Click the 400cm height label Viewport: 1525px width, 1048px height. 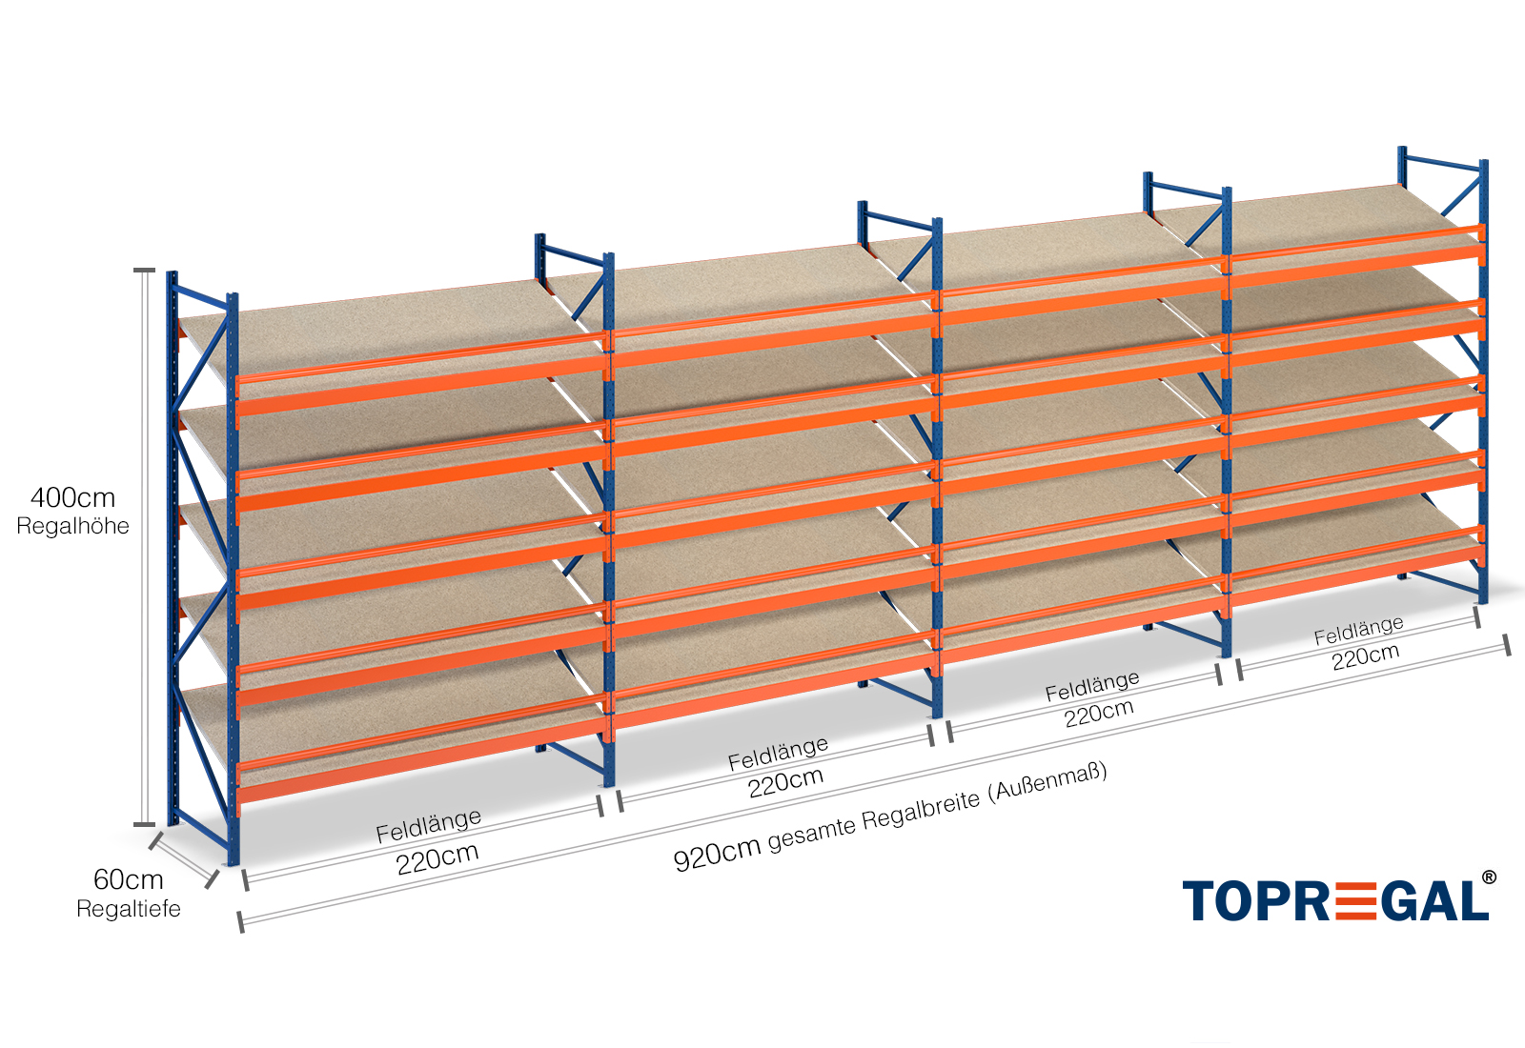[x=72, y=497]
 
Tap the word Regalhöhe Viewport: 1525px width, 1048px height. [x=72, y=526]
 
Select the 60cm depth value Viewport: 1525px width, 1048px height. [x=128, y=879]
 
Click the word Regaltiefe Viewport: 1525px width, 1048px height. [x=128, y=909]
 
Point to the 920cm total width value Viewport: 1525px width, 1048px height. [x=716, y=852]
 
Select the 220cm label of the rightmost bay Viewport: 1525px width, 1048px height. [x=1365, y=655]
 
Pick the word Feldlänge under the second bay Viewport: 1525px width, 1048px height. [x=778, y=754]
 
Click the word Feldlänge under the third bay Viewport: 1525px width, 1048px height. [x=1092, y=686]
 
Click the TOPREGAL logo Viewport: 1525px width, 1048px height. [x=1334, y=900]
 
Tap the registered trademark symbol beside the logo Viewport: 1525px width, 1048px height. [x=1488, y=877]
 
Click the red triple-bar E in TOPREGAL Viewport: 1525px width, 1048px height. [x=1343, y=901]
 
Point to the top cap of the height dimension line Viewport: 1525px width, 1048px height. [x=144, y=271]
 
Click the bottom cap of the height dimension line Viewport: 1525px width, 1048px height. [x=144, y=824]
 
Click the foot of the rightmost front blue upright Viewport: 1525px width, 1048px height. [x=1483, y=598]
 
